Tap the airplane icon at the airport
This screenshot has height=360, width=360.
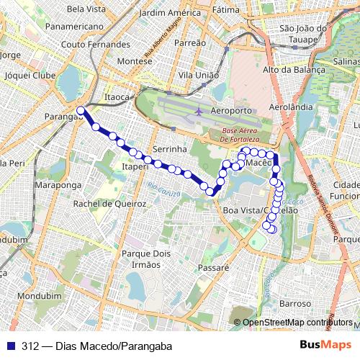[x=199, y=112]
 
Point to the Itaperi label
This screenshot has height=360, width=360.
[x=136, y=166]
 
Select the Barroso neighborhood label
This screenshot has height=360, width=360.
[x=295, y=303]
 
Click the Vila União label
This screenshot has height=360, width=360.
[x=199, y=75]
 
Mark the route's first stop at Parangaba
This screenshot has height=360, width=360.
[x=81, y=111]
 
